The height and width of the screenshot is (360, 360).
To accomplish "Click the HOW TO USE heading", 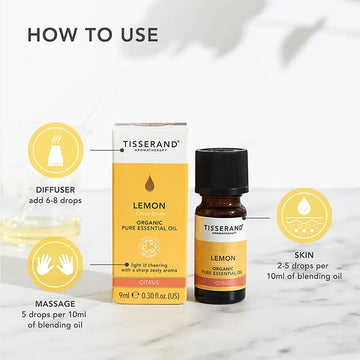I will coord(93,34).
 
